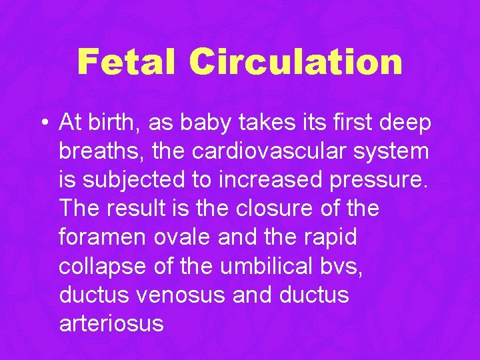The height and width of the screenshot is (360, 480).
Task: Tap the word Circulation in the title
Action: [x=295, y=62]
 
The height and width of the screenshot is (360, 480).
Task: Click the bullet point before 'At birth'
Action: [x=43, y=123]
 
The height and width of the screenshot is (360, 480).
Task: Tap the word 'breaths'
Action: [x=100, y=151]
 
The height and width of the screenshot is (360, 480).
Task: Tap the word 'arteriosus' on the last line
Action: [x=111, y=323]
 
